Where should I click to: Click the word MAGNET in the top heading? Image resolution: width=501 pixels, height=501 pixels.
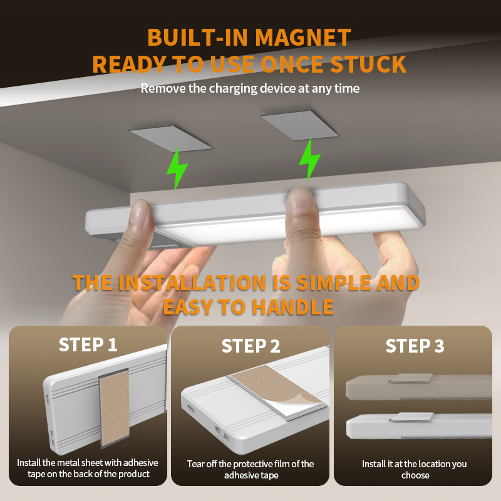point(303,38)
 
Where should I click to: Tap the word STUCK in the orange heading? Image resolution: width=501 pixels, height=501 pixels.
point(368,65)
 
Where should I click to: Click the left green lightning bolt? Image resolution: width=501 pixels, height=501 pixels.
point(177,168)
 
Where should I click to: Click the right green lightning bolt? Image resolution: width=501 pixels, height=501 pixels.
point(309,160)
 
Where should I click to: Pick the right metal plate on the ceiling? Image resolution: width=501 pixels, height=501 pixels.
point(299,125)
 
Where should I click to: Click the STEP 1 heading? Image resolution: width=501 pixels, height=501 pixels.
point(88,345)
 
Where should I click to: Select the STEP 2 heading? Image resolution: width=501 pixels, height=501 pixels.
point(251,346)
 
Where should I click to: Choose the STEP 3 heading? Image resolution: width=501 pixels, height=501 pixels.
point(415,346)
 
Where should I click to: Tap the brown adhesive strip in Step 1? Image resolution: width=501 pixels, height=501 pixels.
point(115,408)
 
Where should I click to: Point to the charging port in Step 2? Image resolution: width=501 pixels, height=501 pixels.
point(190,409)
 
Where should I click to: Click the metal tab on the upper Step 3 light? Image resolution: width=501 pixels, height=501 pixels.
point(411,378)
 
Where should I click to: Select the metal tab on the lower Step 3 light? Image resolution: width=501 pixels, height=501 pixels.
point(412,417)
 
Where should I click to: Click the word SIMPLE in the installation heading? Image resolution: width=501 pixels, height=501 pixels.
point(334,283)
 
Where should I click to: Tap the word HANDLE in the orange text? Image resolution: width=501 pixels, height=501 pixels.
point(292,307)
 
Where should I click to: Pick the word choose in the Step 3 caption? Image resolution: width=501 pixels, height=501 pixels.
point(415,475)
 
